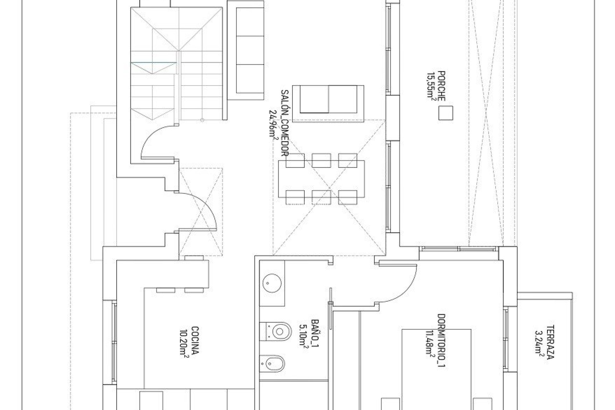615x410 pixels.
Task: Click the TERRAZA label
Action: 549,342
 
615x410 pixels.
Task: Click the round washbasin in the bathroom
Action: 272,283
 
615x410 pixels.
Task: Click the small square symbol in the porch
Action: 446,113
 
